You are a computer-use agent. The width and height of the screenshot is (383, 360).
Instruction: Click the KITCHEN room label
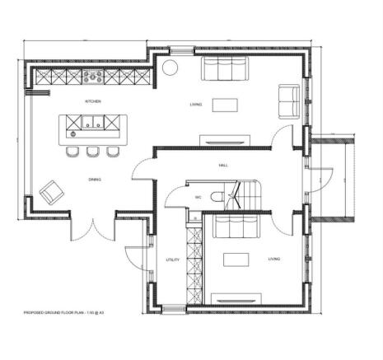(x=93, y=101)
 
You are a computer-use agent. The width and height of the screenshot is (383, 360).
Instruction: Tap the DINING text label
(x=95, y=180)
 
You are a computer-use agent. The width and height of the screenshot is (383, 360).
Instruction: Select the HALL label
(x=223, y=166)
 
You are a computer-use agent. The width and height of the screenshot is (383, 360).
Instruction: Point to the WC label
(x=199, y=198)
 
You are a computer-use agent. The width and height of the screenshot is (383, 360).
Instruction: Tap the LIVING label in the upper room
(x=195, y=105)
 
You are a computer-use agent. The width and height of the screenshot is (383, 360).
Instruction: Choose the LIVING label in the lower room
(x=273, y=259)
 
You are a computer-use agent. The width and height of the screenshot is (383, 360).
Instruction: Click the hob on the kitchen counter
(x=93, y=78)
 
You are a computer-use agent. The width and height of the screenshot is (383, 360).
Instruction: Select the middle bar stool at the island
(x=93, y=151)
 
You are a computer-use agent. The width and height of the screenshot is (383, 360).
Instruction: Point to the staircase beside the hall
(x=247, y=195)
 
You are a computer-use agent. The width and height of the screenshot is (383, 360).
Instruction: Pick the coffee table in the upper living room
(x=224, y=104)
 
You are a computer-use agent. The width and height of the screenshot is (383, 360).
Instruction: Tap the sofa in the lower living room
(x=236, y=225)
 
